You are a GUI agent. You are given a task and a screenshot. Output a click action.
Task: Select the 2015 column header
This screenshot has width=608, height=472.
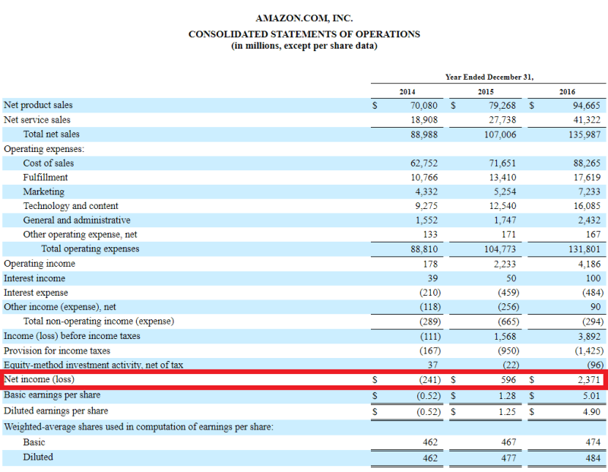coord(486,92)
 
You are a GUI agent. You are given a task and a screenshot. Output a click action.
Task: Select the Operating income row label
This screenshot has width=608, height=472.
coord(40,264)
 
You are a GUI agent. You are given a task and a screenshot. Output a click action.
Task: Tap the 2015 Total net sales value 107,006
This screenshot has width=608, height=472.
coord(498,135)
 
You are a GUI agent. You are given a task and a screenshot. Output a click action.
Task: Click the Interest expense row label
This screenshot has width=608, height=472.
coord(36,293)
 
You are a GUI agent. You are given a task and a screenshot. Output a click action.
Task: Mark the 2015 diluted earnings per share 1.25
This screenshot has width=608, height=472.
coord(506,411)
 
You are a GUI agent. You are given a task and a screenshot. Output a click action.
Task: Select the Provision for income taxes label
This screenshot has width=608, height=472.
coord(57,350)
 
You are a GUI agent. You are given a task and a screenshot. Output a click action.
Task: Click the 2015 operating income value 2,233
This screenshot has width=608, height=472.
coord(504,264)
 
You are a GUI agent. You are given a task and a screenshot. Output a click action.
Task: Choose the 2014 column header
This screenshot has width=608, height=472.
coord(407,92)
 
